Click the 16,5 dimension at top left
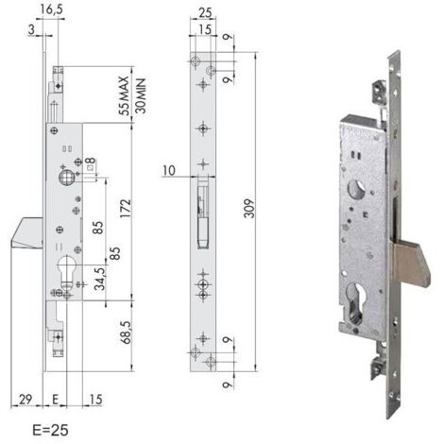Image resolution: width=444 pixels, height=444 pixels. point(52,9)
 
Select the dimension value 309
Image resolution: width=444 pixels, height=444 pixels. point(249,208)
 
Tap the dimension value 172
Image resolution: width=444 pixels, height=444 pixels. point(126,209)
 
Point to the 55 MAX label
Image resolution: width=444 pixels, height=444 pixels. point(124,96)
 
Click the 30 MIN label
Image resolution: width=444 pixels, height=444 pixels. point(140,96)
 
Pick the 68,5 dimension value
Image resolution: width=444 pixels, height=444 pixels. point(126,333)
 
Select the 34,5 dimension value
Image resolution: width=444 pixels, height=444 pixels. point(100,279)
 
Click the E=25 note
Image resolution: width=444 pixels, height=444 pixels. point(50,431)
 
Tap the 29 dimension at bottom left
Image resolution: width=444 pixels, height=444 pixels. point(26,400)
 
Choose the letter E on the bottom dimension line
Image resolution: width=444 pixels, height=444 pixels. point(56,400)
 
